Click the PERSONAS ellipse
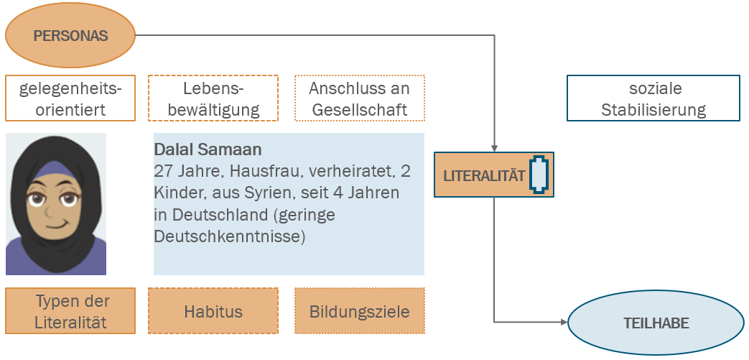click(70, 35)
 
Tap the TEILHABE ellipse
click(656, 323)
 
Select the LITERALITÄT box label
click(484, 175)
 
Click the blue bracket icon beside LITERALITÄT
click(539, 175)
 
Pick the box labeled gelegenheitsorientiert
click(70, 99)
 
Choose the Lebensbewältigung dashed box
click(213, 99)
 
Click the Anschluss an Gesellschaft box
click(359, 99)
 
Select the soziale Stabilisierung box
click(653, 99)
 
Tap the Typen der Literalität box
click(70, 311)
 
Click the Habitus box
click(213, 311)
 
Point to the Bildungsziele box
click(359, 311)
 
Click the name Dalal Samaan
click(208, 150)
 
